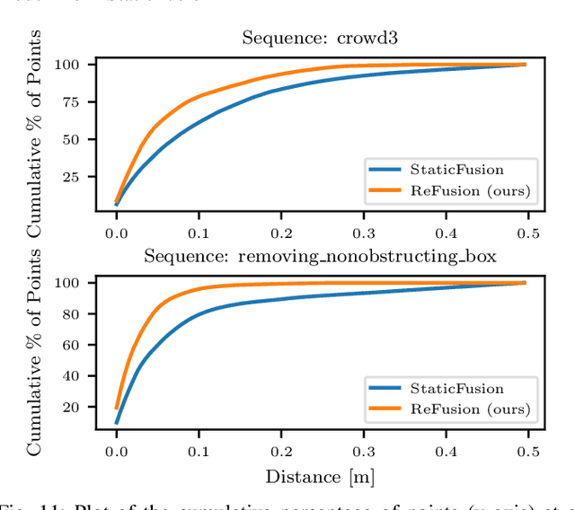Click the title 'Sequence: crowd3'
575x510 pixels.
coord(320,39)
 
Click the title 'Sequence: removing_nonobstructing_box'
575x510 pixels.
coord(320,256)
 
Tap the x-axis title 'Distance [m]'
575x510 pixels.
coord(320,476)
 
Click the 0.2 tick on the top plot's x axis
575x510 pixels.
coord(280,232)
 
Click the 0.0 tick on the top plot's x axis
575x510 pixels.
coord(116,232)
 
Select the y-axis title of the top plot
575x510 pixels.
coord(35,133)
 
